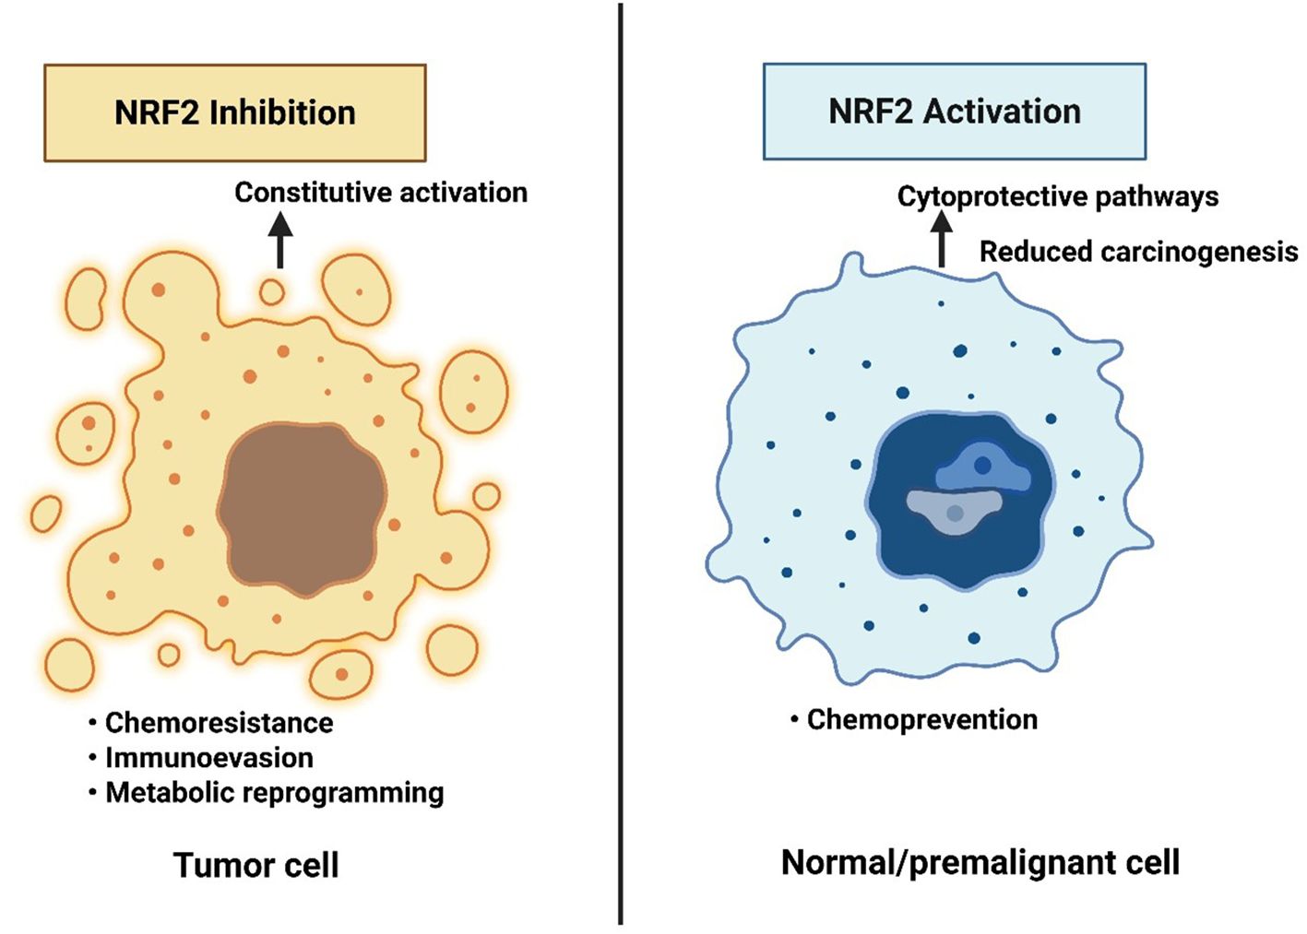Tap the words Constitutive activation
(x=380, y=193)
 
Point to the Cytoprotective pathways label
(x=1057, y=196)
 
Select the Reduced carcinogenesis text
(x=1138, y=252)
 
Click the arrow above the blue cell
(x=941, y=238)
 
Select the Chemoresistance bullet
(x=219, y=723)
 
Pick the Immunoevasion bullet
(x=208, y=758)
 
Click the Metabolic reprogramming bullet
(x=274, y=793)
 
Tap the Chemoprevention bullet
(x=921, y=720)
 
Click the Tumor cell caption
(x=255, y=866)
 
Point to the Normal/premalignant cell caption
(x=980, y=863)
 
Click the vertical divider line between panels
(x=621, y=461)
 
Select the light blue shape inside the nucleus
(x=983, y=467)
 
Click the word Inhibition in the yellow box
(x=282, y=112)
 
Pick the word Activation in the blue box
(x=1002, y=112)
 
